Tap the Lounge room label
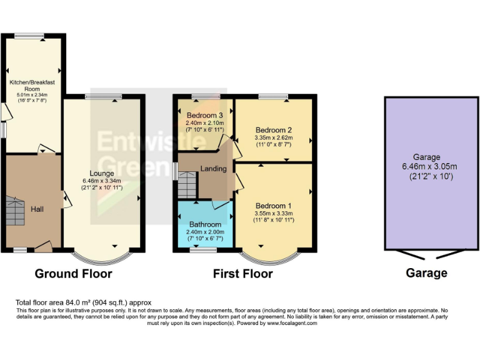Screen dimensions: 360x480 click(101, 173)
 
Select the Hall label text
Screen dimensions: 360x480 click(37, 211)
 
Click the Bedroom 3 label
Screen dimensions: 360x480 click(204, 115)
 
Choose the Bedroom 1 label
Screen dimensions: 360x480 click(273, 206)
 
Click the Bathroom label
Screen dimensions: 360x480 click(205, 224)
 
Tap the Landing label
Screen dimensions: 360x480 click(212, 168)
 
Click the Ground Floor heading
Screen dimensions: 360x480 click(73, 274)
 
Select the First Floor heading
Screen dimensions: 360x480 click(242, 274)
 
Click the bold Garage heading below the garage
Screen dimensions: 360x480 click(426, 273)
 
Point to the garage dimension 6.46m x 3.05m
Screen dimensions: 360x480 click(427, 167)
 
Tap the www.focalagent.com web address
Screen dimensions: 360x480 click(286, 323)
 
